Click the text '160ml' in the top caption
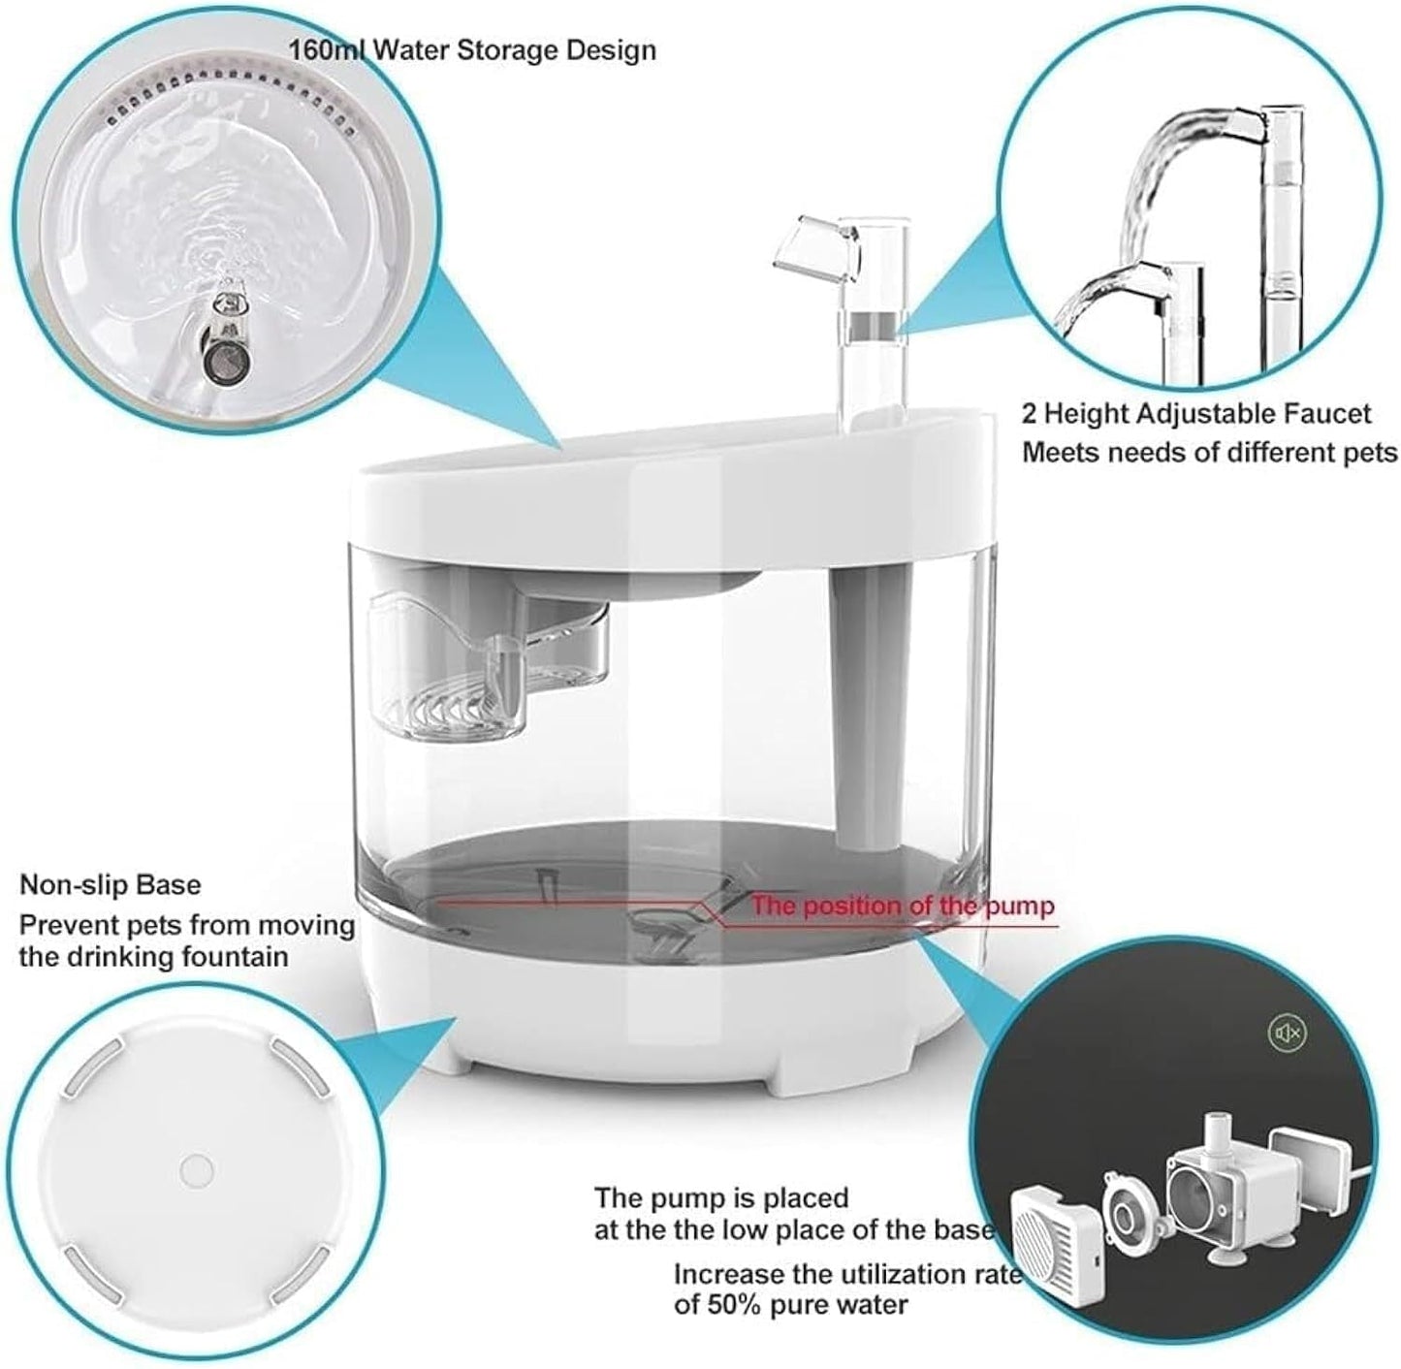click(327, 49)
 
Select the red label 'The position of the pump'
click(902, 907)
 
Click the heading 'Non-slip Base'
click(111, 884)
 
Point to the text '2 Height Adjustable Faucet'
click(1195, 414)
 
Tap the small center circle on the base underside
click(197, 1169)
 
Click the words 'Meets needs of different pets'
click(1209, 453)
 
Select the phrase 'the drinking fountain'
click(153, 957)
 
